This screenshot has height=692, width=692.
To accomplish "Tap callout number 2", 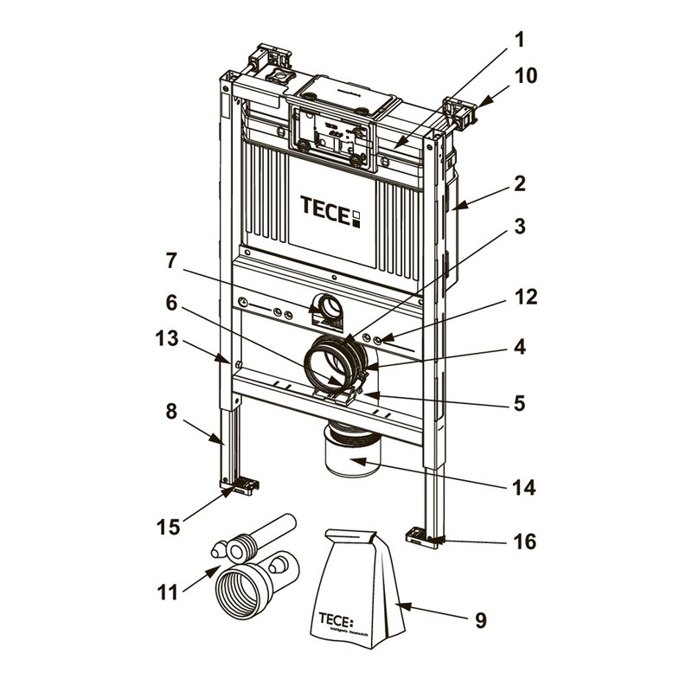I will click(x=517, y=183).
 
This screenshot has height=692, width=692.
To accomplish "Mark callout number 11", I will click(x=170, y=593).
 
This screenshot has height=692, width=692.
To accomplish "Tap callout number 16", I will click(x=525, y=542).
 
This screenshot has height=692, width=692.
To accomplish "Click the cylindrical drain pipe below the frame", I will click(x=352, y=452).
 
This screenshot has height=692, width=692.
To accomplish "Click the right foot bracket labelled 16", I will click(x=422, y=536).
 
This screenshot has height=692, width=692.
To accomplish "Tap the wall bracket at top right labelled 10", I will click(x=459, y=112).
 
